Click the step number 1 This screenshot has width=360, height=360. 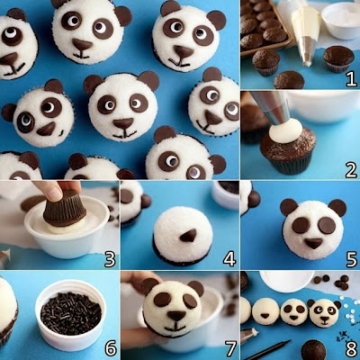[351, 79]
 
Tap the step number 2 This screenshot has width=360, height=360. [351, 170]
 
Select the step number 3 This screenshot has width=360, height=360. [110, 259]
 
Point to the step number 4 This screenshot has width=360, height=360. [229, 259]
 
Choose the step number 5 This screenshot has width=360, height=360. [351, 259]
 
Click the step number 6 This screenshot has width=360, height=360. [111, 348]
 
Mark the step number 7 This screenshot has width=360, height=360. [230, 348]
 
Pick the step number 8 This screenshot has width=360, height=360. [351, 348]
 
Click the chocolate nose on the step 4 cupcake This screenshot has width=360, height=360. [188, 235]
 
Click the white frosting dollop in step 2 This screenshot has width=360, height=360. [285, 130]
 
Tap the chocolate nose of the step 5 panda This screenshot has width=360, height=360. [313, 243]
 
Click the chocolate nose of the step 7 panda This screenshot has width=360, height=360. [176, 316]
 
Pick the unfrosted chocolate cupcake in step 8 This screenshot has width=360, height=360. [313, 350]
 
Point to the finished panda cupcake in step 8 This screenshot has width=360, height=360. [324, 312]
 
